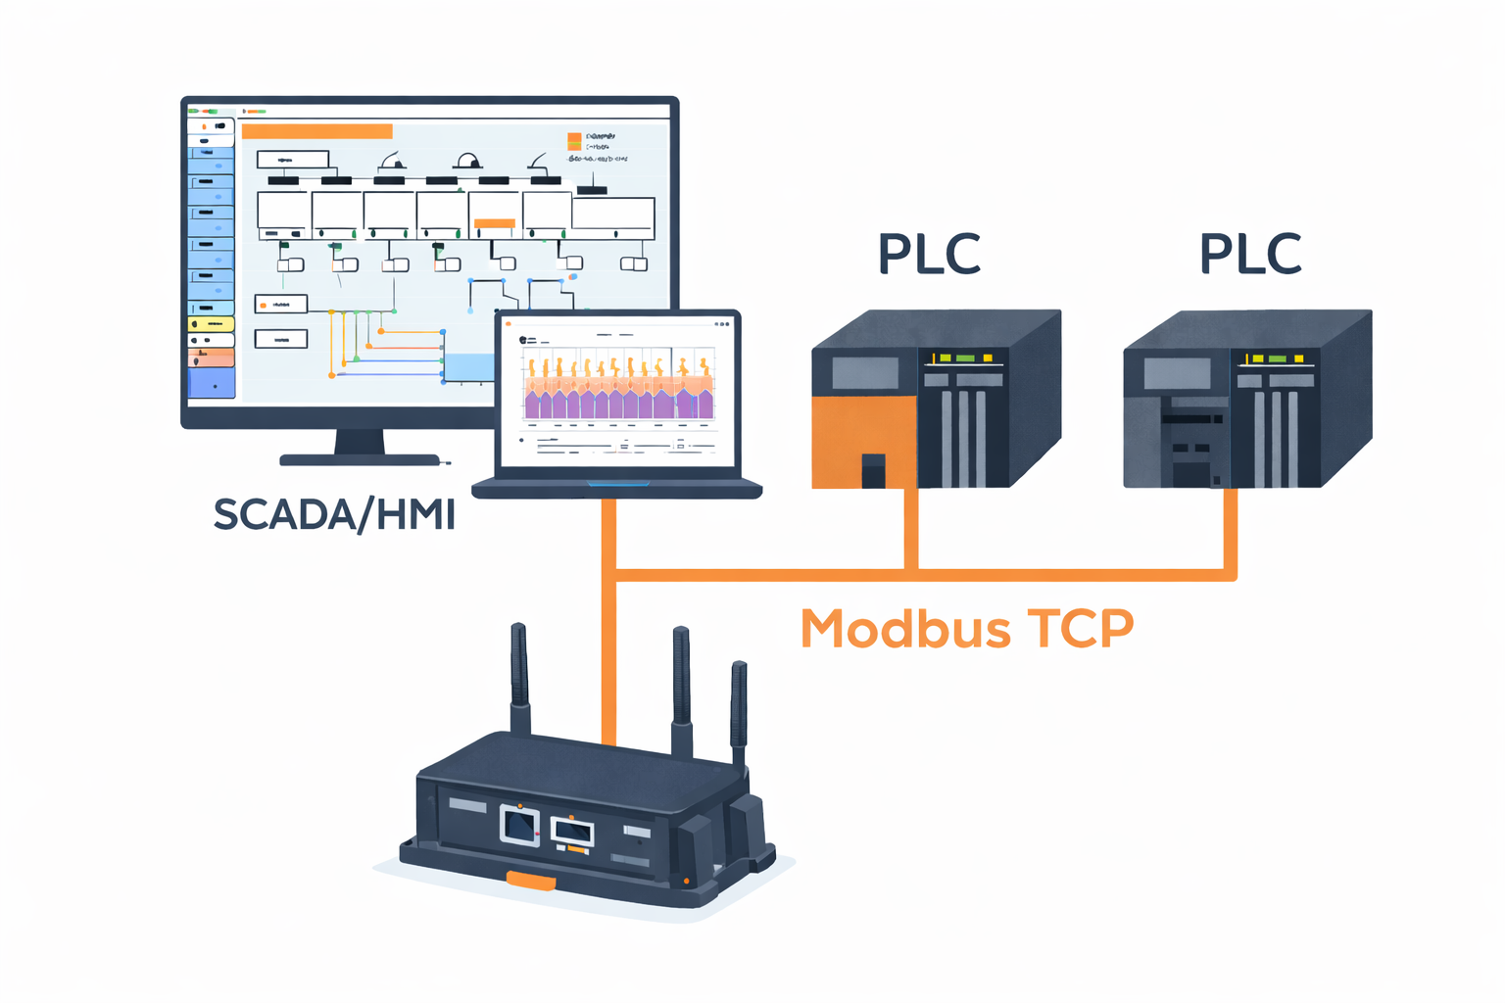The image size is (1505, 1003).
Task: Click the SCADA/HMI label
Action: [334, 515]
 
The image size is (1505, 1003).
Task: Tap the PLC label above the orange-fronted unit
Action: [929, 254]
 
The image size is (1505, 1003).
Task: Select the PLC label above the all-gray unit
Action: [1250, 254]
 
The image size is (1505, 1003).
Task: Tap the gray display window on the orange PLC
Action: [865, 373]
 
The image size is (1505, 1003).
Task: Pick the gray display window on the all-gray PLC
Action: [1177, 373]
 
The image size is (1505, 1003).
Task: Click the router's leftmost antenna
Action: [519, 676]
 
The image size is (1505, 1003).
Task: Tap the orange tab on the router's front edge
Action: [530, 881]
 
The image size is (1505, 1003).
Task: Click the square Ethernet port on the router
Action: [519, 825]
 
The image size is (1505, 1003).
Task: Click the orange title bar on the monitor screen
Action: [316, 131]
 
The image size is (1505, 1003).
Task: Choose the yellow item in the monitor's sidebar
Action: [211, 324]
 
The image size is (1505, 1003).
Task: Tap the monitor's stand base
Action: [360, 458]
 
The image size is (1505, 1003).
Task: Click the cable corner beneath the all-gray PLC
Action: [1231, 575]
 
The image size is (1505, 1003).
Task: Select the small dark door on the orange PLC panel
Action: [873, 470]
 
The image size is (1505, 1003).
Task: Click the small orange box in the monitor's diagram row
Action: [494, 223]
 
